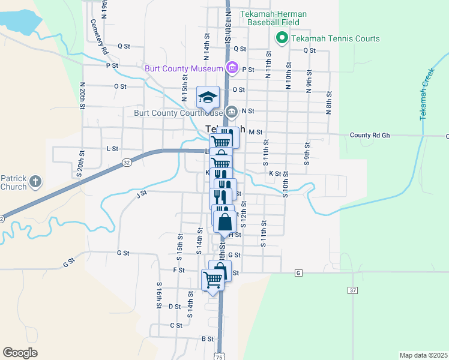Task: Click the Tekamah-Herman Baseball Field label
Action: click(273, 18)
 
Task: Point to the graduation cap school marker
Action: click(208, 97)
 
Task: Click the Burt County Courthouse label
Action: click(179, 112)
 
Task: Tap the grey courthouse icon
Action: click(232, 112)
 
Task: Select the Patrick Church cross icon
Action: click(35, 181)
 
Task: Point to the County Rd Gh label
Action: click(370, 136)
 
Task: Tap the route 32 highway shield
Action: click(126, 162)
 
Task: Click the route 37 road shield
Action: click(353, 290)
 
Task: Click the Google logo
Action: click(20, 352)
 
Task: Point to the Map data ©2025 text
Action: click(423, 355)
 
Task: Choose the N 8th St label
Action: click(329, 103)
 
